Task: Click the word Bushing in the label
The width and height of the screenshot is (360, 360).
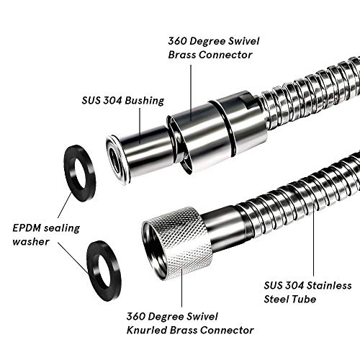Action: [145, 100]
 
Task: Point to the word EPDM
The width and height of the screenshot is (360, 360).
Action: [26, 228]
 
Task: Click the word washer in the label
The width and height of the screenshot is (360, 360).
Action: [31, 241]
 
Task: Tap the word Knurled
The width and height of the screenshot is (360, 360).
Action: [147, 330]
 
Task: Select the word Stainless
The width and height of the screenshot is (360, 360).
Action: [329, 286]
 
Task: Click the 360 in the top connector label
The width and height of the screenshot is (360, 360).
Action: [177, 41]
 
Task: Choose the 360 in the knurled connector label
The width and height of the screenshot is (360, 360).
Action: [136, 316]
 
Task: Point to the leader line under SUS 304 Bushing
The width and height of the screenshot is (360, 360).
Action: [140, 126]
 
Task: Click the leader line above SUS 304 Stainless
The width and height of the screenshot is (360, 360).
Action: [313, 242]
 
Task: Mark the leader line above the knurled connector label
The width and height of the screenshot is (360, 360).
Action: [181, 288]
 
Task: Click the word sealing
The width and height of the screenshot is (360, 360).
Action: [61, 228]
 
